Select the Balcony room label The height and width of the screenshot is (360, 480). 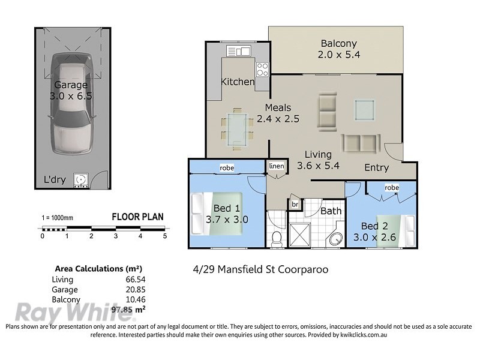(x=338, y=43)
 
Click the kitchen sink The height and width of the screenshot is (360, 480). (x=240, y=51)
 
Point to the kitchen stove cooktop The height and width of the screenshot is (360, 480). (x=262, y=67)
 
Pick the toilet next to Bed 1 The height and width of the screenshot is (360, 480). (x=277, y=238)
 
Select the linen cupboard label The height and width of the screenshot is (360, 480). (x=277, y=166)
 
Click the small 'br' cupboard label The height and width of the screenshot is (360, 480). (x=295, y=205)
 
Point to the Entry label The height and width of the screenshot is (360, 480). (x=376, y=167)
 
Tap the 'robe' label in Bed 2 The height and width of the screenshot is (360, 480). (x=391, y=188)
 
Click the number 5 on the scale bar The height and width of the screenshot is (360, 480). (x=164, y=236)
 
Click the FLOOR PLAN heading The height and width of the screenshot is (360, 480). (x=137, y=217)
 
